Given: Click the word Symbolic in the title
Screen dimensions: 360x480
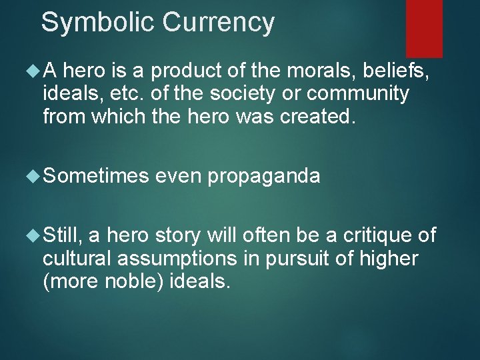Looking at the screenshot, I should pos(98,22).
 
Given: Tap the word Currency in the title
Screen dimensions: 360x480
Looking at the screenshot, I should pos(218,22).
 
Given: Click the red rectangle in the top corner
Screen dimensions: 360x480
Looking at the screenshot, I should pos(424,28).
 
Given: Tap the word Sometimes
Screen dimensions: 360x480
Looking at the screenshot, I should pos(96,176).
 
